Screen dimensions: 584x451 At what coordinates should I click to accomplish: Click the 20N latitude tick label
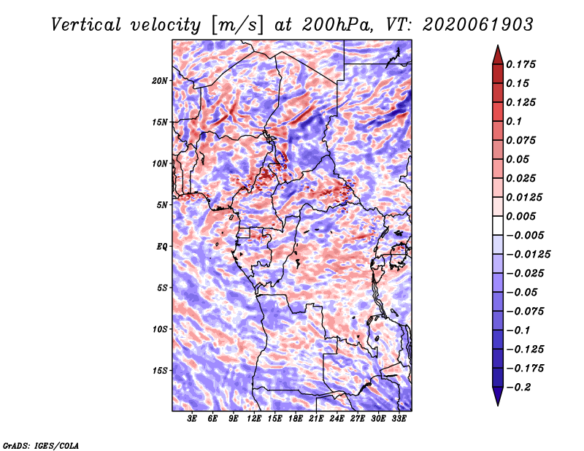pos(160,81)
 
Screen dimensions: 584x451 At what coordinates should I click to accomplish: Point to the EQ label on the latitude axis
pos(161,247)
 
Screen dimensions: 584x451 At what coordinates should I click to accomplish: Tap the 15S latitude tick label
pos(160,371)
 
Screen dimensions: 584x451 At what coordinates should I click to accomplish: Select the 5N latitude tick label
pos(162,205)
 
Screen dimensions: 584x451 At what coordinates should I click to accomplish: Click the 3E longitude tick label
pos(192,419)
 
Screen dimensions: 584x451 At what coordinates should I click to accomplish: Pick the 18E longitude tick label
pos(296,419)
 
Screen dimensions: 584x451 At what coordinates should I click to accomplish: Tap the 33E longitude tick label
pos(399,419)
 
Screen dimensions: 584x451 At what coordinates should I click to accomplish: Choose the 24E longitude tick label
pos(337,419)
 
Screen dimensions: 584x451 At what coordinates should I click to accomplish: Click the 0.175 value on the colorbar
pos(520,64)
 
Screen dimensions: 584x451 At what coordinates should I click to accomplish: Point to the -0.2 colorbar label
pos(519,388)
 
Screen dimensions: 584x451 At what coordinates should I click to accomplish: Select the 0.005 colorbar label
pos(520,216)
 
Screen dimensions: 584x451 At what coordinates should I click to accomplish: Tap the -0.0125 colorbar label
pos(528,255)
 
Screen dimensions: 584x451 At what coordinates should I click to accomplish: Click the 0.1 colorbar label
pos(514,121)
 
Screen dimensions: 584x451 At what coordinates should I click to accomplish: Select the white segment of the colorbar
pos(498,225)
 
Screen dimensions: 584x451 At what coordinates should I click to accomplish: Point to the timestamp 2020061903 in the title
pos(478,25)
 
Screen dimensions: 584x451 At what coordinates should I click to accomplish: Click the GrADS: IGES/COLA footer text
pos(41,445)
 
